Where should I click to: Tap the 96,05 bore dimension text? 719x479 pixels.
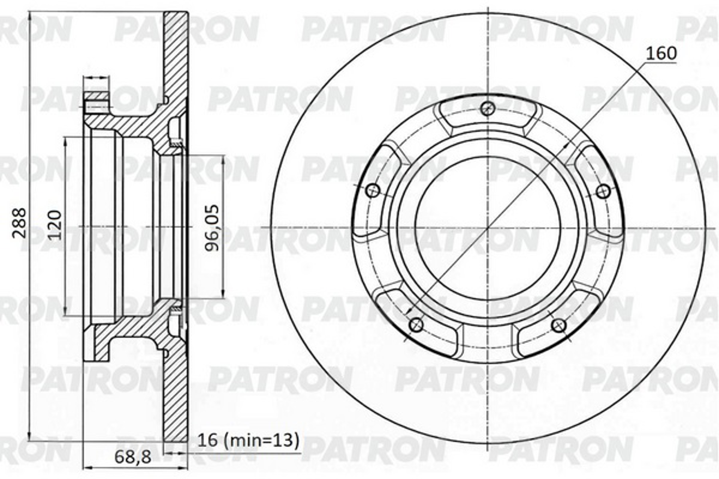(x=212, y=228)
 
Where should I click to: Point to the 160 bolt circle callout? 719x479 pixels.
(x=661, y=54)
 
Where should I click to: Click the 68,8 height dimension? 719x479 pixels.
(x=132, y=457)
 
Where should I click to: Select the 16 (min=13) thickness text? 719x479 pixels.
(x=248, y=440)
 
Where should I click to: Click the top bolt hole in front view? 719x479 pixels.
(x=487, y=108)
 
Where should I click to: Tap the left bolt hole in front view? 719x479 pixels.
(x=373, y=191)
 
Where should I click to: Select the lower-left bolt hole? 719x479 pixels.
(x=416, y=325)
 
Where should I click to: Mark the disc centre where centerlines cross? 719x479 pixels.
(x=488, y=228)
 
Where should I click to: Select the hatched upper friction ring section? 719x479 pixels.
(x=175, y=55)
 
